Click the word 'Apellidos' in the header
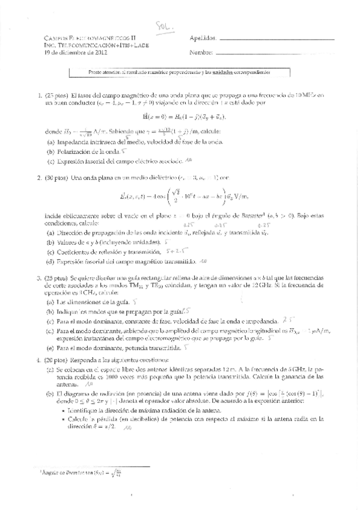click(x=203, y=37)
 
